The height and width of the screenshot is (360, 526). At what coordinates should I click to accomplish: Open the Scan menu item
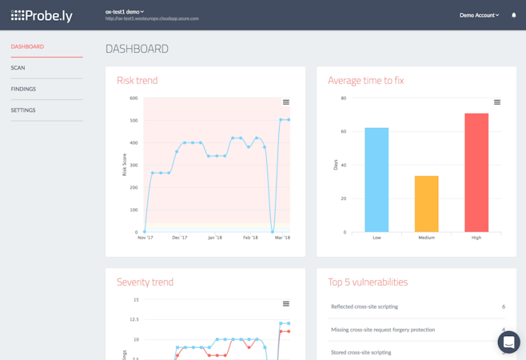tap(18, 68)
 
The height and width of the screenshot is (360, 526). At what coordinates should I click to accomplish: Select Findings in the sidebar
tap(23, 89)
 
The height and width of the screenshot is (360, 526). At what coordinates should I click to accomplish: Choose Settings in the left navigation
tap(23, 110)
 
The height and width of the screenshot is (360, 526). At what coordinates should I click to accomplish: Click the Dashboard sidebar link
tap(27, 46)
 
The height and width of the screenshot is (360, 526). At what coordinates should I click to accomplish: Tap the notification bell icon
tap(513, 15)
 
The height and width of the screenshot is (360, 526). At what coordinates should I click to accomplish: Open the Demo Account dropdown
tap(479, 15)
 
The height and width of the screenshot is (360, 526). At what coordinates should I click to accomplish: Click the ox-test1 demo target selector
tap(125, 12)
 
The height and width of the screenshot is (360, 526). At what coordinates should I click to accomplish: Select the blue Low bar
tap(377, 180)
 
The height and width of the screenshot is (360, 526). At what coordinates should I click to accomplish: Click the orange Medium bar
tap(426, 204)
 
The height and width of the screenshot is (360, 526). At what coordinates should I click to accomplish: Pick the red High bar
tap(476, 173)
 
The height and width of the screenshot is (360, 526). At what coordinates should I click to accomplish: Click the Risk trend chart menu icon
tap(286, 102)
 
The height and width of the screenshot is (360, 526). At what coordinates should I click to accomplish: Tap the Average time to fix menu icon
tap(497, 102)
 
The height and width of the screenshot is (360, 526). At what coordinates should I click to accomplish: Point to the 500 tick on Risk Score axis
tap(133, 121)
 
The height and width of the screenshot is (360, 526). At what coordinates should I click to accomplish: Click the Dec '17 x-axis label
tap(179, 238)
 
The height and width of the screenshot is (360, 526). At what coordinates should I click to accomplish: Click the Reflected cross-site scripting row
tap(365, 306)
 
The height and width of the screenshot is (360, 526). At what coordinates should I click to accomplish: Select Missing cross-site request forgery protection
tap(383, 330)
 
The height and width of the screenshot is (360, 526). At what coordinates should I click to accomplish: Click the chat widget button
tap(508, 342)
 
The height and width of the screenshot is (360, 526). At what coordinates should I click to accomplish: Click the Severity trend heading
tap(145, 282)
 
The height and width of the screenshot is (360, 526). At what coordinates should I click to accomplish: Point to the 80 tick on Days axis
tap(344, 98)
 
